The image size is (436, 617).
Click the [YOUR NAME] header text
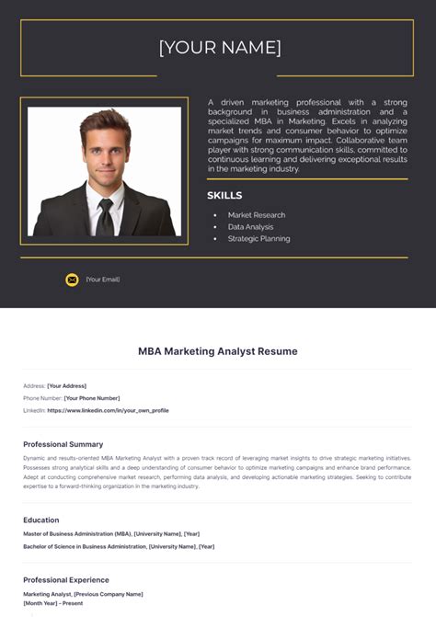220,48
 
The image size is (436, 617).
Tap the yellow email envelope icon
72,280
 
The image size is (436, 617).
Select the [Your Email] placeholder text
103,280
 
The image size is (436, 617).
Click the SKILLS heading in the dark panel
224,196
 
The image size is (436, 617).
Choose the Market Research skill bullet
256,215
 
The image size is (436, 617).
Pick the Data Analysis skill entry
250,227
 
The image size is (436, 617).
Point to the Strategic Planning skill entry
258,239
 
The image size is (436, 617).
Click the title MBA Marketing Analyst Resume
218,351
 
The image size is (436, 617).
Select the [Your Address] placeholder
66,385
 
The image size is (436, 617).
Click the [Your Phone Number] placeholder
92,398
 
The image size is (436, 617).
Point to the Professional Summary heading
63,444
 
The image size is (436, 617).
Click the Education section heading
41,520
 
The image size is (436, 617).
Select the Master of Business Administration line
111,534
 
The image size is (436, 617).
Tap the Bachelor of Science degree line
119,546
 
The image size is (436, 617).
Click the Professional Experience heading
66,580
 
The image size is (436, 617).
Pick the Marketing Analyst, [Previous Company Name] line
83,594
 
